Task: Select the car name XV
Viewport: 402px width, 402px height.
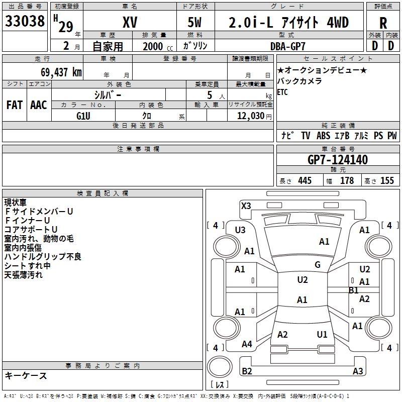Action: point(130,23)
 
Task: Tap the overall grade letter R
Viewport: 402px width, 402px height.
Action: point(383,23)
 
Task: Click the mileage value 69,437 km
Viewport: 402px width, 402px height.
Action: point(57,72)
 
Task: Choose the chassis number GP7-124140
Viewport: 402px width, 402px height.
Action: point(338,160)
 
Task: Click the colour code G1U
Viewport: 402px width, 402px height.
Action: point(83,115)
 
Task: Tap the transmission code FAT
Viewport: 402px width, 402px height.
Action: point(14,105)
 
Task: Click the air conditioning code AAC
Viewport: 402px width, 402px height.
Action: point(39,105)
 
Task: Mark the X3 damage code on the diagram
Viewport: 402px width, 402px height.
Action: point(246,206)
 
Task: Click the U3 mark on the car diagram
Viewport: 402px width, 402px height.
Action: point(240,230)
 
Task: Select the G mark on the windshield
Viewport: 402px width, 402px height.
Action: point(317,265)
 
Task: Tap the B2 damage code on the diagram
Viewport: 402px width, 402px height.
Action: point(247,371)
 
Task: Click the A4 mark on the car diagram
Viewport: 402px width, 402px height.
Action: point(247,344)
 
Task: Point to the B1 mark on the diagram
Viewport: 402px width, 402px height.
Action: point(353,290)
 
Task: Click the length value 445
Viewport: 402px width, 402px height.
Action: point(305,181)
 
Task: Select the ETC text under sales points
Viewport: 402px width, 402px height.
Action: point(282,92)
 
